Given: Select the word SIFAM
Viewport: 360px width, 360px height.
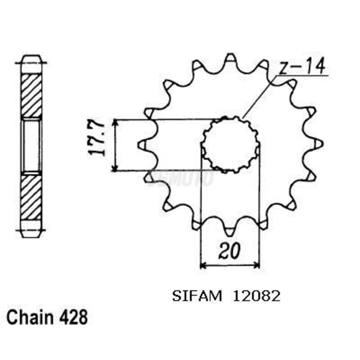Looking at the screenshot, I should (x=197, y=296).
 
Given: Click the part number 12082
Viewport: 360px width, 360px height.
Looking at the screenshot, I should (x=256, y=296).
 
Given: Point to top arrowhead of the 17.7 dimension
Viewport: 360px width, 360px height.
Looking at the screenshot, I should (x=115, y=122).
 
